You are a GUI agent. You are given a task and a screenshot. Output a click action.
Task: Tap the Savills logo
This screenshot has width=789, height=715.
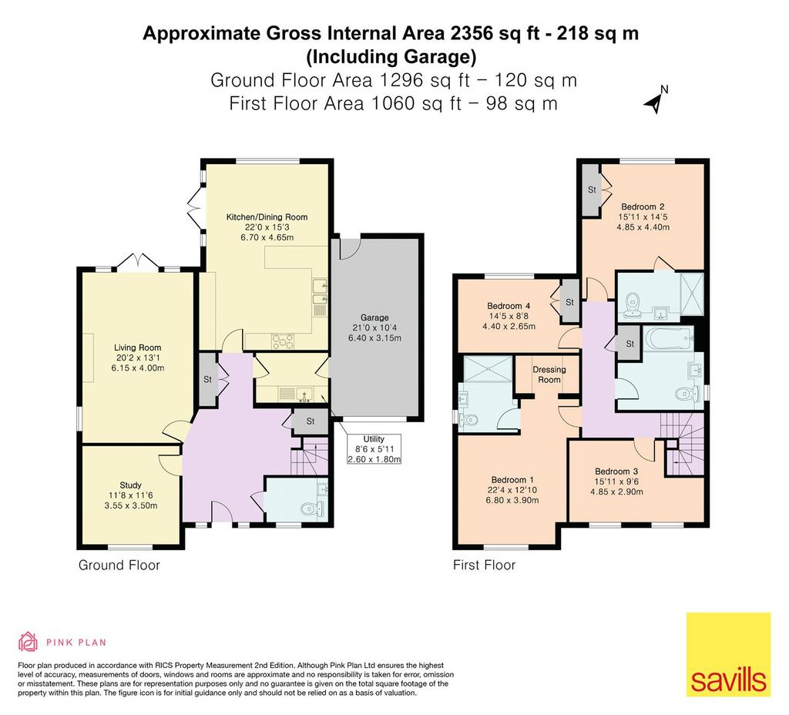click(729, 654)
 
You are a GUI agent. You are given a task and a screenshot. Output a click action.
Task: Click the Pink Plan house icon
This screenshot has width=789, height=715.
click(29, 642)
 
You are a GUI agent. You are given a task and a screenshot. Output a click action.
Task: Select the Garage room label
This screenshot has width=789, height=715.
click(374, 317)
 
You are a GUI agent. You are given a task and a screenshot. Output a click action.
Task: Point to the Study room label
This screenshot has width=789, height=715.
click(130, 485)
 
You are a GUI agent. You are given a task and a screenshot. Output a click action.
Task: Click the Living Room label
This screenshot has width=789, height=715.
click(137, 347)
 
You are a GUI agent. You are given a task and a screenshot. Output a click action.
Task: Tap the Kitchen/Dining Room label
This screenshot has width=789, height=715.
click(267, 217)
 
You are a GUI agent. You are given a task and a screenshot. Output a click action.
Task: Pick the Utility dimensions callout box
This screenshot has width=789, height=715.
click(374, 449)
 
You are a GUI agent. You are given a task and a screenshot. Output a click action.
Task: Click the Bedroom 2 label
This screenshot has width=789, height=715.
click(643, 206)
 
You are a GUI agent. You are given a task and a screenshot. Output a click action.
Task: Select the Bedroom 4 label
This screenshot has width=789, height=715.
click(509, 305)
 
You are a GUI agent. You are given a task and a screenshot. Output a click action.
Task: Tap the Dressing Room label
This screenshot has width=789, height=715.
click(549, 374)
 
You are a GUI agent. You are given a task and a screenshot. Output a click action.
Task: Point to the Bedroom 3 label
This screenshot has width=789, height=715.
click(616, 471)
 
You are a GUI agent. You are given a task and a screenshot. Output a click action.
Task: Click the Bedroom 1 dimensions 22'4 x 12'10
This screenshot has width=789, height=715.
click(512, 489)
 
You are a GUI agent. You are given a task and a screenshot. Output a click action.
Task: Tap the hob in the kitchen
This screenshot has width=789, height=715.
click(282, 341)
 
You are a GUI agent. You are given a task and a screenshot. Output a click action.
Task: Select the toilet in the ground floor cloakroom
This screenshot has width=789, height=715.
click(314, 509)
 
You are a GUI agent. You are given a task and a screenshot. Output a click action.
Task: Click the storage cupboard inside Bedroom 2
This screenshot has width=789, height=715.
click(592, 190)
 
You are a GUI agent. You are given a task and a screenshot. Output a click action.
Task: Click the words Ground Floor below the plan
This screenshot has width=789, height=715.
click(119, 565)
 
